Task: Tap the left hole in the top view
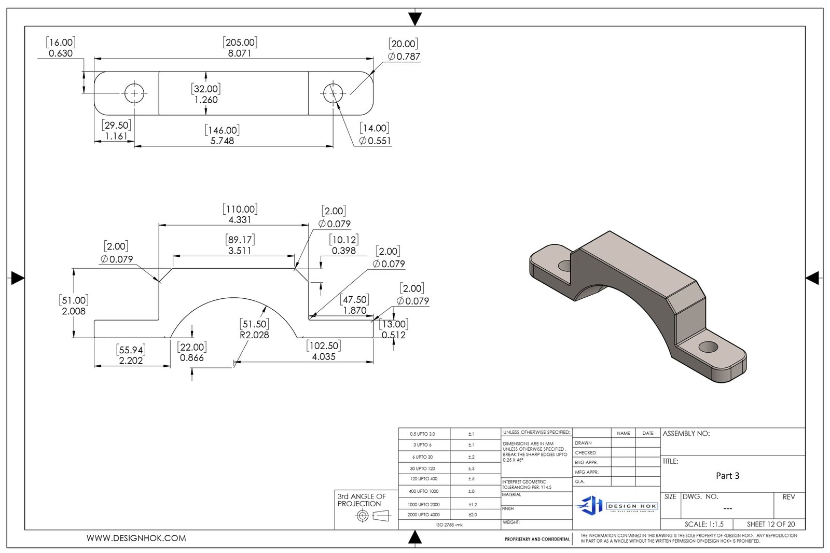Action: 134,93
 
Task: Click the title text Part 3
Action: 727,476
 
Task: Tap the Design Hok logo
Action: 616,505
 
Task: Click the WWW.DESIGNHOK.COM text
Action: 136,538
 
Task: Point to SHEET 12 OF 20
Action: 770,524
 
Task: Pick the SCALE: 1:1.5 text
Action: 704,524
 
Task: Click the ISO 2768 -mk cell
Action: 449,525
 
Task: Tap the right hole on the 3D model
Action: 708,347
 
